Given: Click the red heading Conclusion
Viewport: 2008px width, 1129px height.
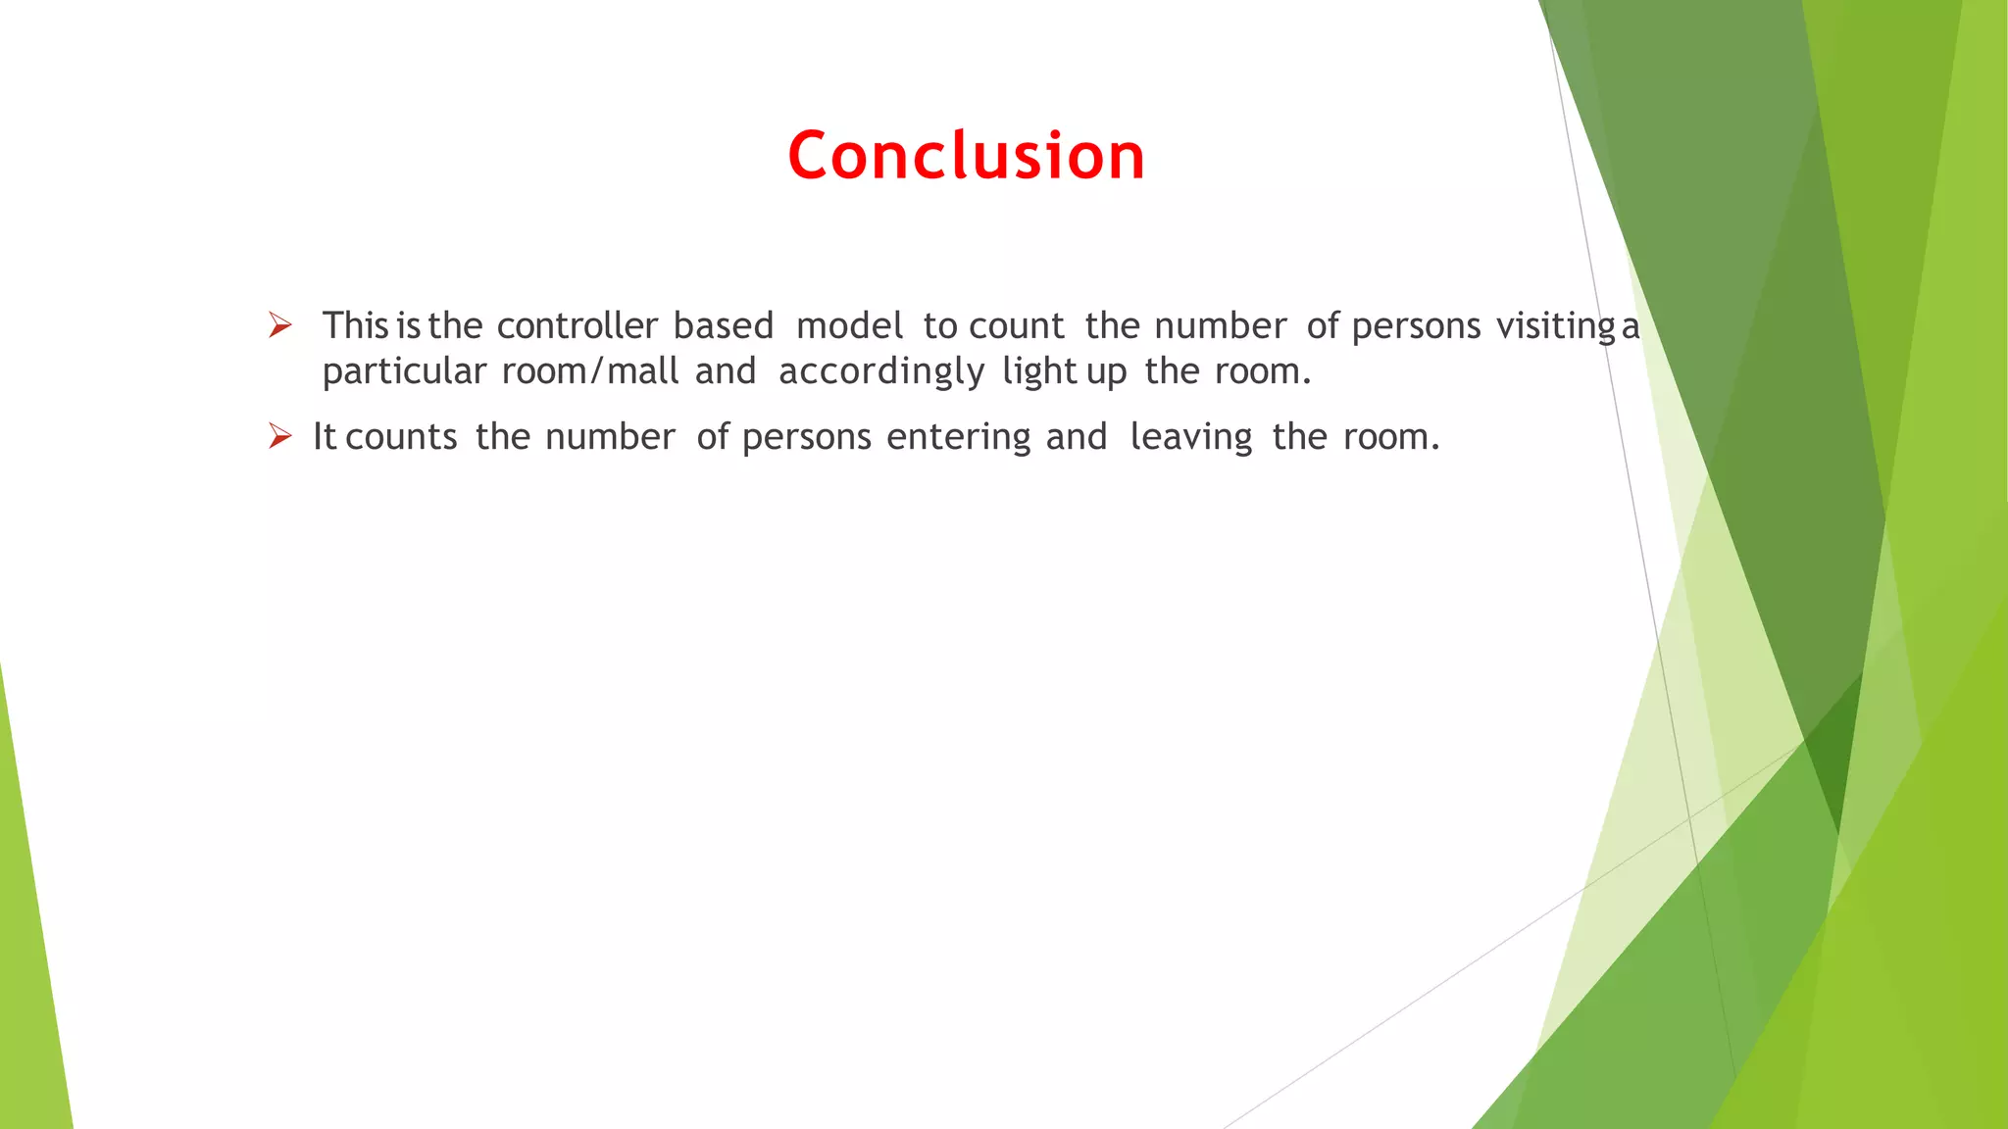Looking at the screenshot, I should coord(966,156).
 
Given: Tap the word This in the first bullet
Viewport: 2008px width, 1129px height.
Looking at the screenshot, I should coord(356,325).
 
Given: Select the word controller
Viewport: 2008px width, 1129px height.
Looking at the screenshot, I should coord(577,325).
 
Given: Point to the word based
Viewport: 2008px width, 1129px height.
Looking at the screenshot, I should coord(724,325).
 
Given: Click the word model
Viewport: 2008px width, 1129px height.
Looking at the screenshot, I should coord(849,325).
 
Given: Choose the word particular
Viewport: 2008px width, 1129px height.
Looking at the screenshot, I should coord(404,372).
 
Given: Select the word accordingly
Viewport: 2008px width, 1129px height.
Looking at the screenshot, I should coord(881,372).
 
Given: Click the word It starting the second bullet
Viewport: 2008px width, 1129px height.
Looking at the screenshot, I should coord(325,437).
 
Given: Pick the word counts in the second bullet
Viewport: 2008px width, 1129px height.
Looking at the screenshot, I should coord(402,437).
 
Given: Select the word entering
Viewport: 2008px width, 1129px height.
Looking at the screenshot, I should coord(958,437).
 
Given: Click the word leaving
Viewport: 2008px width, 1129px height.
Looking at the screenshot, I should coord(1191,437).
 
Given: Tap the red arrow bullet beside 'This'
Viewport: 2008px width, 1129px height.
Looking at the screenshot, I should coord(280,325).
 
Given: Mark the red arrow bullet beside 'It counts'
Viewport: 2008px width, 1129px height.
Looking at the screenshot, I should coord(280,436).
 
